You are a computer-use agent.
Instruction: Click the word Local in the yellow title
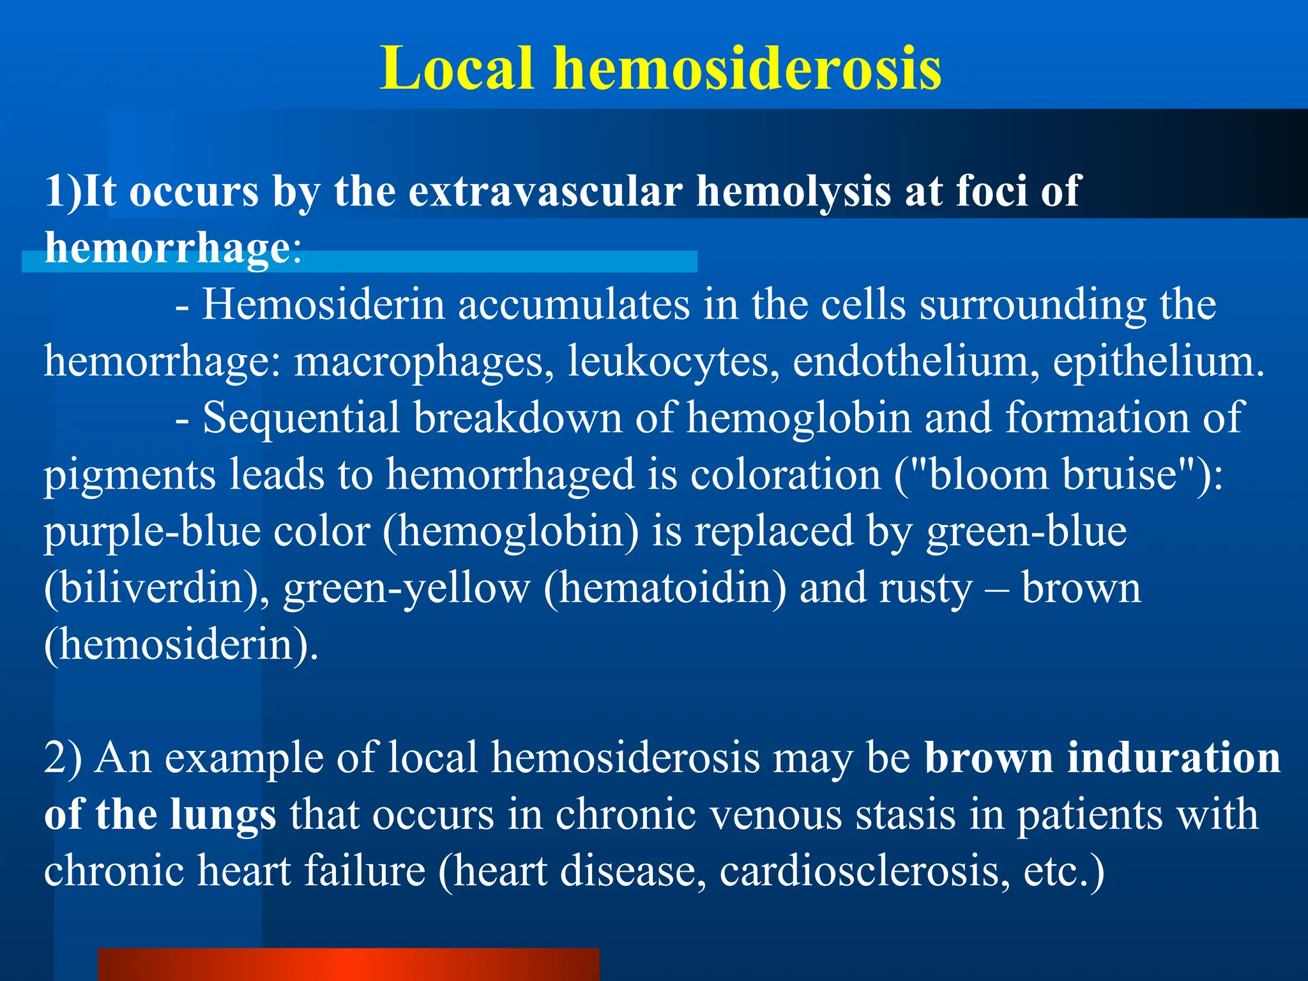point(456,68)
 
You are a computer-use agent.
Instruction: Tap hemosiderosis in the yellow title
point(747,68)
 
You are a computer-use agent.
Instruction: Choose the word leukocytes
point(673,361)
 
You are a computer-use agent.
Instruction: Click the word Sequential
point(301,418)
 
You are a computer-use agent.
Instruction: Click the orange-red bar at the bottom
point(348,964)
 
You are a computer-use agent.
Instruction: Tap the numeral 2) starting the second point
point(63,758)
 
